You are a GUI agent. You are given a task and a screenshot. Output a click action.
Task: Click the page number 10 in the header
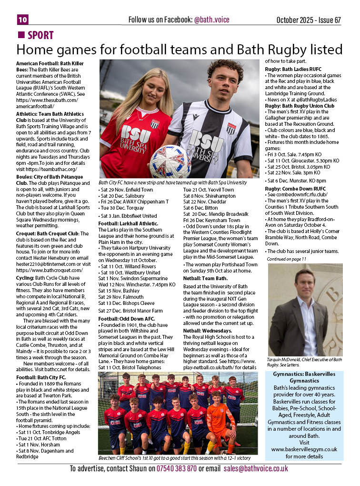coord(22,20)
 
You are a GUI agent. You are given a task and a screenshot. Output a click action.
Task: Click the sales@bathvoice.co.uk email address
coord(256,468)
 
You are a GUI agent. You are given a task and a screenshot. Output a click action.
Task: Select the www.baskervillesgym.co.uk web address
coord(304,449)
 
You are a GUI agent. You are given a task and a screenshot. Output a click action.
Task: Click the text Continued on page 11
coord(286,259)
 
